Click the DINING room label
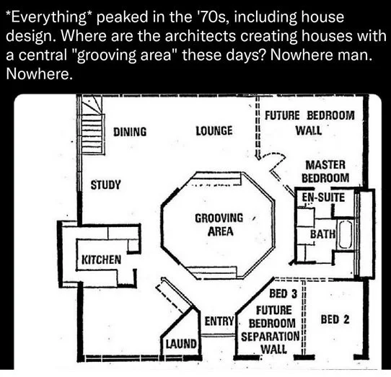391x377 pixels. click(x=130, y=132)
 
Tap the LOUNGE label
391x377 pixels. click(x=214, y=130)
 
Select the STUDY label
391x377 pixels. click(x=105, y=185)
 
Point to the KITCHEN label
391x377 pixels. click(x=102, y=260)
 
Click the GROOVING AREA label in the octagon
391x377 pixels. click(x=219, y=224)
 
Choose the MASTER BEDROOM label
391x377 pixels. click(x=325, y=171)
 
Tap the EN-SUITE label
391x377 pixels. click(x=323, y=198)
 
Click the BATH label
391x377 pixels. click(x=322, y=234)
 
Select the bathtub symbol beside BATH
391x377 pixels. click(x=345, y=234)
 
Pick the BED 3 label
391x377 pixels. click(x=284, y=293)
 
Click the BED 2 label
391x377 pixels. click(x=335, y=319)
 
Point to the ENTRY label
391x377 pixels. click(x=219, y=321)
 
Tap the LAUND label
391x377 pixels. click(x=181, y=344)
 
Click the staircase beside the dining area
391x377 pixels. click(x=92, y=126)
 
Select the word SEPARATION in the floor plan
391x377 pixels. click(x=271, y=337)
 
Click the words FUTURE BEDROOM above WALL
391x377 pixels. click(x=309, y=115)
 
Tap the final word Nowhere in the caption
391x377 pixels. click(x=40, y=74)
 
